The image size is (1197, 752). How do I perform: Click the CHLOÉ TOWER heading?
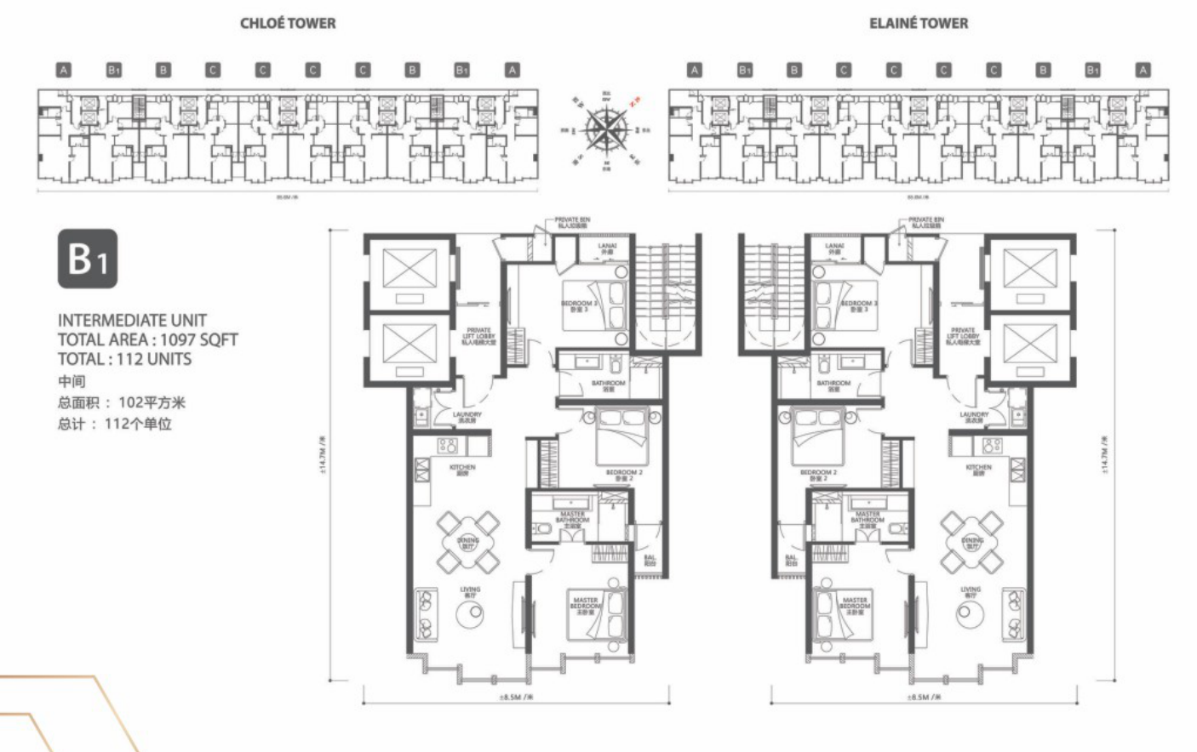[288, 23]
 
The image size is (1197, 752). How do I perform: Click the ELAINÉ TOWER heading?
[918, 23]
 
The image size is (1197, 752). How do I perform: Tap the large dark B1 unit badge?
[87, 259]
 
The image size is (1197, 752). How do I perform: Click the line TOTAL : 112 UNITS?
[124, 359]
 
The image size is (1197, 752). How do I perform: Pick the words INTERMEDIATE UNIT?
[132, 320]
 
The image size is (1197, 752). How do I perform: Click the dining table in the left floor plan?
[467, 541]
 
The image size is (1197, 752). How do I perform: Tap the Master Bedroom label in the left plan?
[586, 606]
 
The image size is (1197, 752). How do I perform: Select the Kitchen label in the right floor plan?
[978, 469]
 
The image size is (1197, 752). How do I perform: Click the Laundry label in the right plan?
[973, 417]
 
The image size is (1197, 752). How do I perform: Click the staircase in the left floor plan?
[669, 289]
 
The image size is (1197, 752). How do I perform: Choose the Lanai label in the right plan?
[834, 248]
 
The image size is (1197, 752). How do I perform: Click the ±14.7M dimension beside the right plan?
[1105, 454]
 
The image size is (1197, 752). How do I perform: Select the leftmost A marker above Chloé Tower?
[64, 70]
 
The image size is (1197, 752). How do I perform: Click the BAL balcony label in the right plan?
[791, 561]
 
